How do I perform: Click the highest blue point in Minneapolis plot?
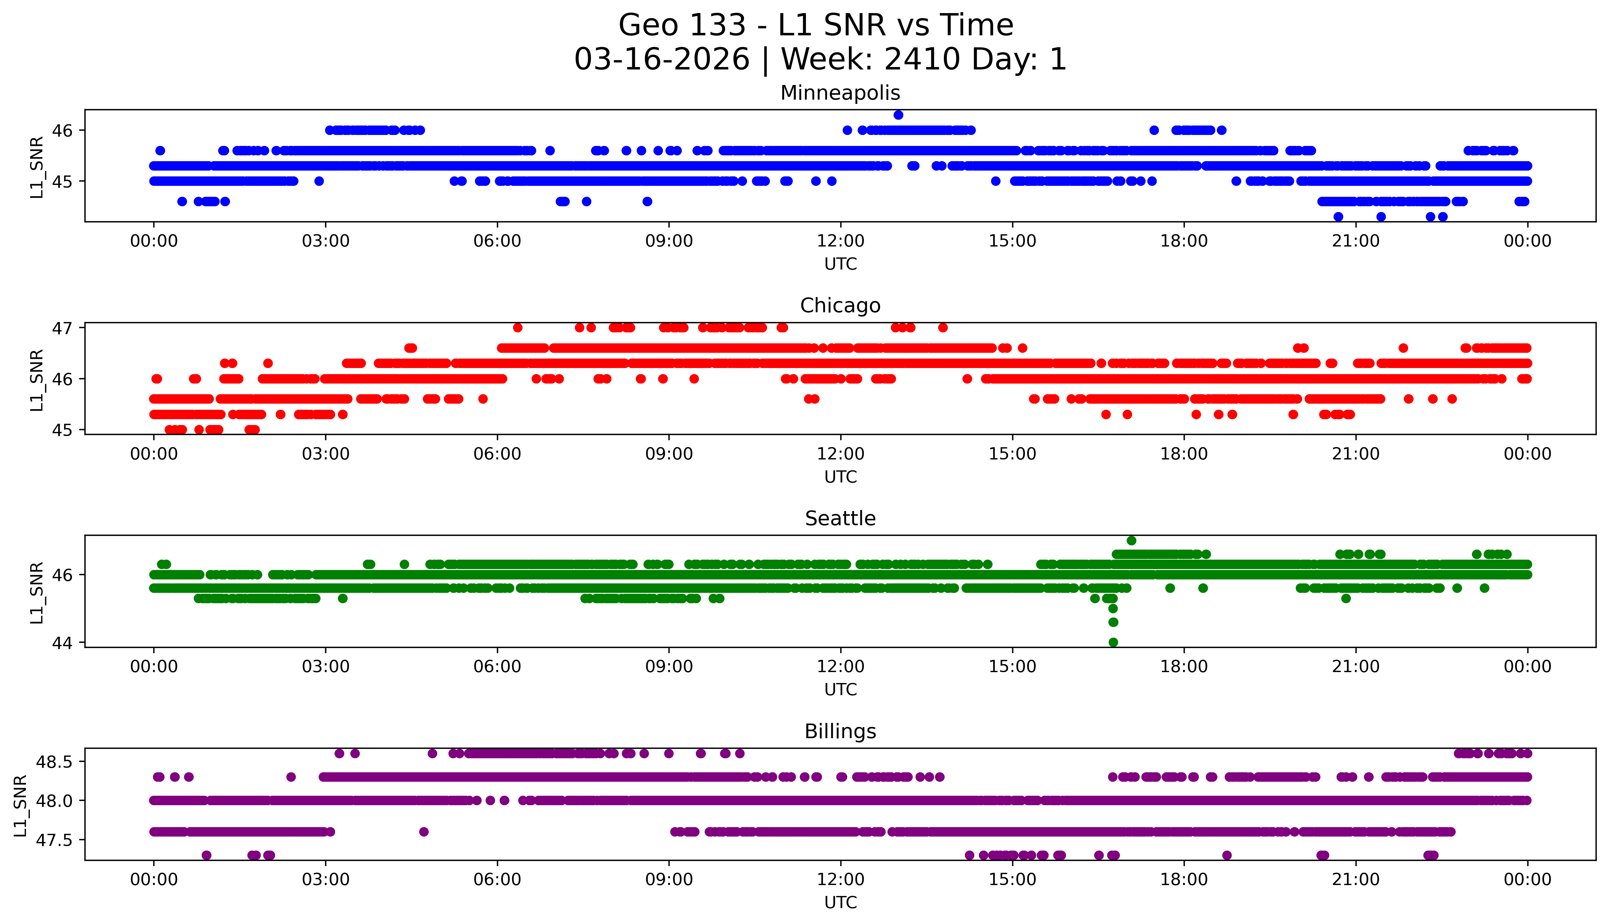pos(898,115)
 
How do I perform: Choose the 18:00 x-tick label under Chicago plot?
pos(1184,454)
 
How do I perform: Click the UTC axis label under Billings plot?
pos(840,902)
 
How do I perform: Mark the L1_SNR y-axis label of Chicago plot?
pos(37,380)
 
